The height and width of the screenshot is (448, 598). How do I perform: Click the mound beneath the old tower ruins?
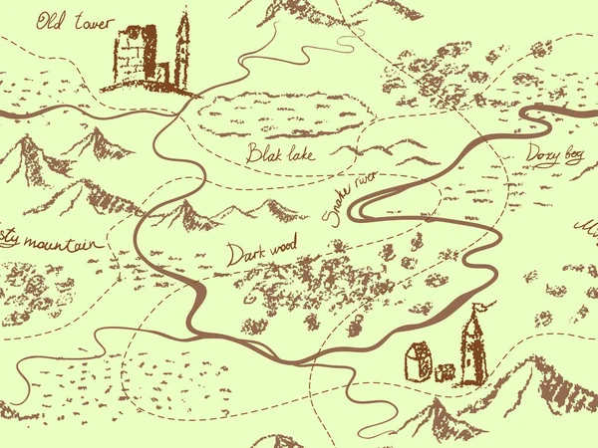[x=149, y=87]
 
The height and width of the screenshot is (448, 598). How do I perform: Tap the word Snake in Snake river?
[x=337, y=206]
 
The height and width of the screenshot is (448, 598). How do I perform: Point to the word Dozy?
[x=541, y=155]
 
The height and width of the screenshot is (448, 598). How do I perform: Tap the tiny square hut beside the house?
[x=446, y=372]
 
